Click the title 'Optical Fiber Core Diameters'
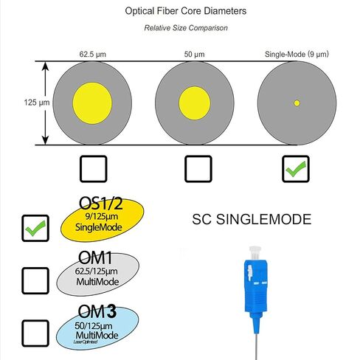pyautogui.click(x=186, y=11)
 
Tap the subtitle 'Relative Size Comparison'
pyautogui.click(x=186, y=28)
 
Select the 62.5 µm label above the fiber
pyautogui.click(x=93, y=54)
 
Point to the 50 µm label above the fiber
pyautogui.click(x=194, y=54)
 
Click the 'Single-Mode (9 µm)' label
pyautogui.click(x=297, y=54)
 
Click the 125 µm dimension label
pyautogui.click(x=37, y=103)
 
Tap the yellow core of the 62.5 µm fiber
pyautogui.click(x=92, y=103)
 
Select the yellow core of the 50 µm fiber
pyautogui.click(x=195, y=103)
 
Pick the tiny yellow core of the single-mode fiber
pyautogui.click(x=297, y=103)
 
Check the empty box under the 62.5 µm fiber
pyautogui.click(x=94, y=169)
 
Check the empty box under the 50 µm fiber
pyautogui.click(x=198, y=169)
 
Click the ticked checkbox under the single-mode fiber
pyautogui.click(x=296, y=169)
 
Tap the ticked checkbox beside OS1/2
pyautogui.click(x=35, y=228)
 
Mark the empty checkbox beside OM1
pyautogui.click(x=35, y=280)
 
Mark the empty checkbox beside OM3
pyautogui.click(x=35, y=333)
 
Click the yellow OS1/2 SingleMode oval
pyautogui.click(x=102, y=220)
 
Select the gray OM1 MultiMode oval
pyautogui.click(x=97, y=274)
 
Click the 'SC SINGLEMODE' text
pyautogui.click(x=252, y=219)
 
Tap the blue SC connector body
pyautogui.click(x=256, y=286)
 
